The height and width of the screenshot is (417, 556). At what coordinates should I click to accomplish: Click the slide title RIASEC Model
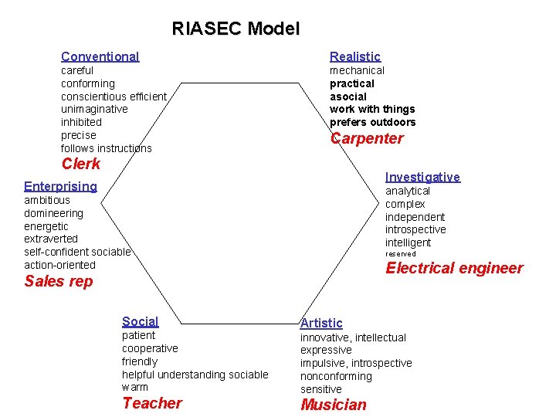pos(236,29)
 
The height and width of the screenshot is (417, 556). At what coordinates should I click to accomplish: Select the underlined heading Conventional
pos(100,56)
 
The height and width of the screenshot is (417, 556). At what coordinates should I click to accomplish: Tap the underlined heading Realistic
pos(355,56)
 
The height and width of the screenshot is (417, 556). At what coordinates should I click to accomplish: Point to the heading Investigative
pos(422,177)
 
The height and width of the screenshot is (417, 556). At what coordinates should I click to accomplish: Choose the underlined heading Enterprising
pos(60,186)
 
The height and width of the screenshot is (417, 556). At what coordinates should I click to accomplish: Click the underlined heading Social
pos(140,321)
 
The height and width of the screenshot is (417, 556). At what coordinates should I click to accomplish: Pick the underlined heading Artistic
pos(321,323)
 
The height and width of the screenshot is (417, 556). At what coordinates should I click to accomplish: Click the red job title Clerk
pos(81,164)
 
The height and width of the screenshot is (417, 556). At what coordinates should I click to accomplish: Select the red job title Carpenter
pos(367,139)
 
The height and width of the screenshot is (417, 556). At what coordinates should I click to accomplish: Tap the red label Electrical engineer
pos(454,269)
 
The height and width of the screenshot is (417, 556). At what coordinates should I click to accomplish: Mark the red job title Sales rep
pos(59,281)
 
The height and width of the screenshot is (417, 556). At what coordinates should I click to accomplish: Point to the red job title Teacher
pos(152,403)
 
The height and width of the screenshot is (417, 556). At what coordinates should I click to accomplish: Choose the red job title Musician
pos(334,405)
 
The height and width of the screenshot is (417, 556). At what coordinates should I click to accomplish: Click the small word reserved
pos(401,254)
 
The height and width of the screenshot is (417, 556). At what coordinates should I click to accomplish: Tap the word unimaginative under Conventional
pos(94,110)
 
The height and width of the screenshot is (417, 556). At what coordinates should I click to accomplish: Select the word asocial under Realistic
pos(348,97)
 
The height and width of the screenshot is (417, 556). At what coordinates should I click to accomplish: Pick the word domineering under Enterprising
pos(53,213)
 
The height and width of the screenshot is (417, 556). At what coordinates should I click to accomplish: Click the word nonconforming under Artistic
pos(336,376)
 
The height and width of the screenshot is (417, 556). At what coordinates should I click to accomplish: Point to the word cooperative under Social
pos(150,348)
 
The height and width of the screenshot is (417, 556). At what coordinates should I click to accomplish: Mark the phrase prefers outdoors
pos(372,123)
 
